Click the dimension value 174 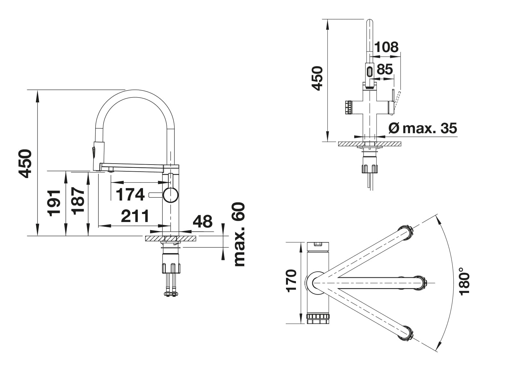tap(130, 194)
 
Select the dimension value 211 tap(135, 216)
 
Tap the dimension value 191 tap(54, 202)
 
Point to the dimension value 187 tap(78, 201)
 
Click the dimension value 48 tap(203, 221)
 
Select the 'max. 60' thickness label tap(239, 234)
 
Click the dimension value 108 tap(386, 47)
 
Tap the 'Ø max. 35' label tap(423, 128)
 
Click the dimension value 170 tap(291, 281)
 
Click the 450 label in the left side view tap(25, 163)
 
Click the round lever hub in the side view tap(171, 195)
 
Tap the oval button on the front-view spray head tap(369, 70)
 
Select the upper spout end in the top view tap(405, 233)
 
